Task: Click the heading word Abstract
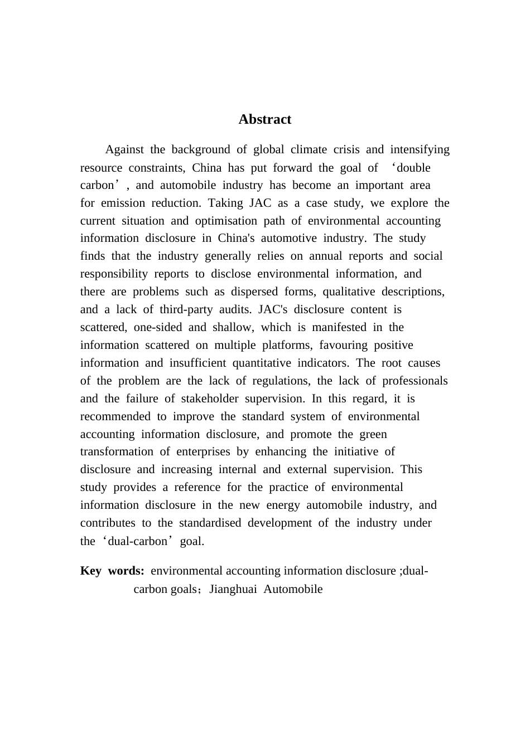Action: tap(264, 119)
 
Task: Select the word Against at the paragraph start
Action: tap(124, 149)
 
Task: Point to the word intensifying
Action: tap(420, 149)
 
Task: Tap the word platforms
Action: tap(287, 345)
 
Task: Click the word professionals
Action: tap(415, 381)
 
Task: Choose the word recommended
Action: tap(115, 416)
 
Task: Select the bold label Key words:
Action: tap(112, 571)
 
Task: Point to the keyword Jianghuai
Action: tap(233, 589)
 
